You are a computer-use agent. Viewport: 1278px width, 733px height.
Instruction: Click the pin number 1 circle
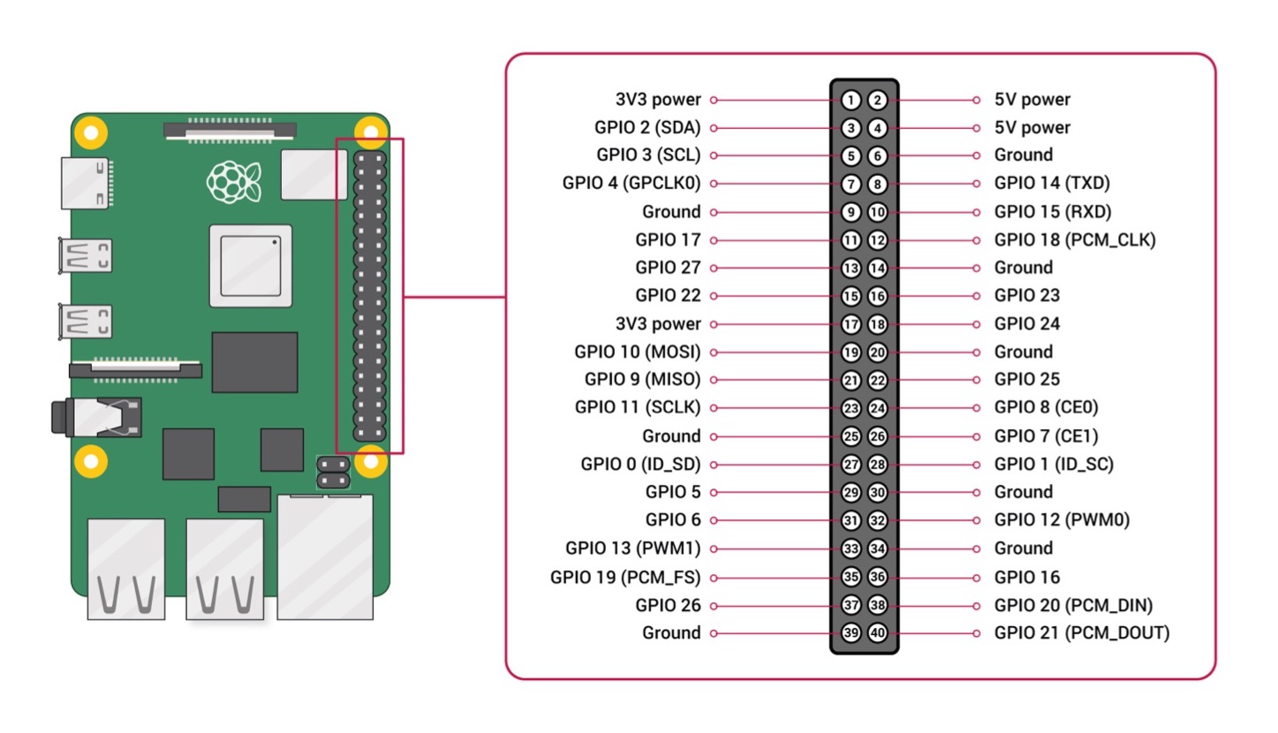point(851,100)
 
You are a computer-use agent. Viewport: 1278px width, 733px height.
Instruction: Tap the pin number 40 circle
point(877,633)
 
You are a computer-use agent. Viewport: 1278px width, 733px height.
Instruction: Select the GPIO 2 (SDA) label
point(647,128)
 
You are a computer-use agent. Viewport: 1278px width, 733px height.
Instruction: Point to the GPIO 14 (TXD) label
point(1052,184)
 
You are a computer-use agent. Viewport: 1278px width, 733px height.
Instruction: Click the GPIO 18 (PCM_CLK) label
point(1074,239)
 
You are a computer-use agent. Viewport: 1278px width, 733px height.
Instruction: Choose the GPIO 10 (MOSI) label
point(637,351)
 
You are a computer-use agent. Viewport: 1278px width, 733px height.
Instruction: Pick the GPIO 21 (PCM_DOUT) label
point(1081,632)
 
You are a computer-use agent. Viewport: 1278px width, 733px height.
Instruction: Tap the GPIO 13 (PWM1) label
point(632,548)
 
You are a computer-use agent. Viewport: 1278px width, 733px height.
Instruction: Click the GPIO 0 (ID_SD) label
point(640,465)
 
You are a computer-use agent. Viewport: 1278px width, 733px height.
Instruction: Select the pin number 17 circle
point(851,324)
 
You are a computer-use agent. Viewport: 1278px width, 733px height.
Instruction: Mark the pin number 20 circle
point(877,352)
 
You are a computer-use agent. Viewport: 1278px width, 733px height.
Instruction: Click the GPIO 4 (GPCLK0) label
point(631,184)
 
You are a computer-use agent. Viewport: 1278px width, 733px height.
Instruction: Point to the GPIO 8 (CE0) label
point(1046,407)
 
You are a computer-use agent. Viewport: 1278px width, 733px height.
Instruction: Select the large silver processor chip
point(250,264)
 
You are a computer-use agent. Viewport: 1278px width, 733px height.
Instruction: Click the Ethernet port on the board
point(325,556)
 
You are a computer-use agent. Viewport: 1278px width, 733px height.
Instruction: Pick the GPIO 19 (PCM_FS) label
point(624,578)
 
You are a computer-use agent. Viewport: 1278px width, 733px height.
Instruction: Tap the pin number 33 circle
point(851,548)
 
